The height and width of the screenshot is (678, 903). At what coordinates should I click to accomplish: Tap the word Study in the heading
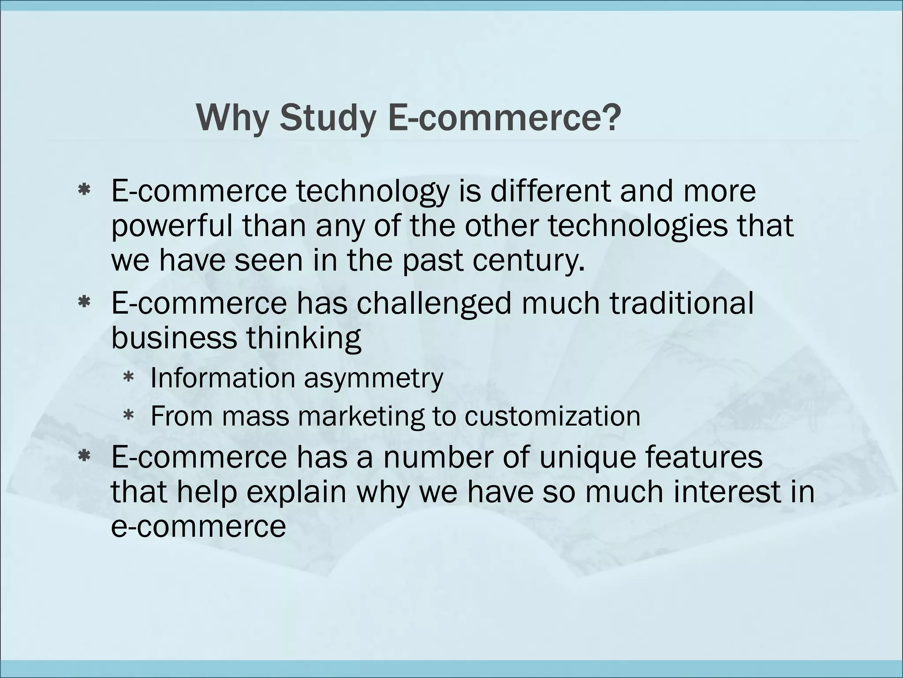pyautogui.click(x=328, y=118)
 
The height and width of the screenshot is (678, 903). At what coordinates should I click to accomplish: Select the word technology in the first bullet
pyautogui.click(x=373, y=192)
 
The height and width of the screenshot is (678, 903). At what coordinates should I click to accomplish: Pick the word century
pyautogui.click(x=529, y=260)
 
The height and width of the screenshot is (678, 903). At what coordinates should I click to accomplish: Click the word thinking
pyautogui.click(x=304, y=339)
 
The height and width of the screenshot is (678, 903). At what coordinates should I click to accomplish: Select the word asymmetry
pyautogui.click(x=373, y=379)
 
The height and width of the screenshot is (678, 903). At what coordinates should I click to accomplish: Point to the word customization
pyautogui.click(x=552, y=416)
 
